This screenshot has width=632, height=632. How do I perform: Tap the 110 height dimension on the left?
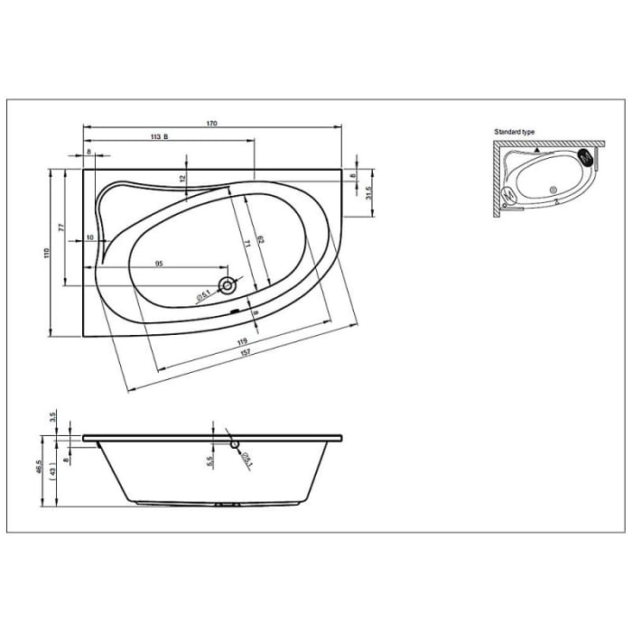[47, 254]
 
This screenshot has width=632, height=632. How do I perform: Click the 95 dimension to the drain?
[159, 263]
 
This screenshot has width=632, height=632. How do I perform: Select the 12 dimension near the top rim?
[183, 178]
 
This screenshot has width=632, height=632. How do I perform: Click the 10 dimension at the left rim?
[90, 237]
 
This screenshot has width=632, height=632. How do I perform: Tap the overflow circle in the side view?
[234, 443]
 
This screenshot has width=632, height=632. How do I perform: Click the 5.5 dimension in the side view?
[209, 460]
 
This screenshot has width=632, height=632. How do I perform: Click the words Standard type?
[514, 132]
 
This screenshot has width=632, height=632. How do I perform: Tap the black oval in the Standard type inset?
[593, 158]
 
